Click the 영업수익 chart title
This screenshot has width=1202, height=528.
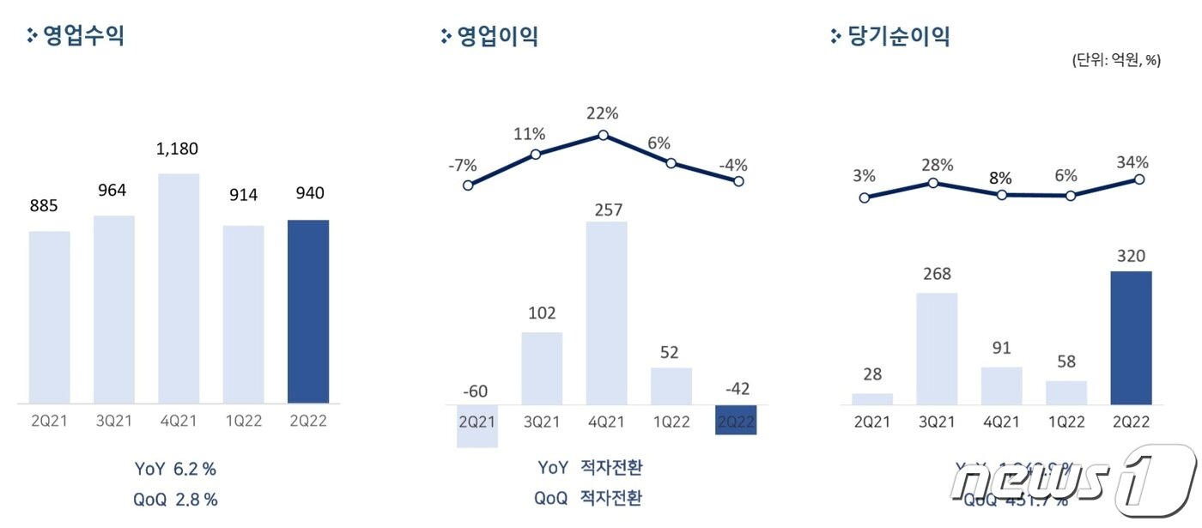83,36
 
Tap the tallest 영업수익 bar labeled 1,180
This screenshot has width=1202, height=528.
179,288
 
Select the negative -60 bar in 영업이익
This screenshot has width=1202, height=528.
477,426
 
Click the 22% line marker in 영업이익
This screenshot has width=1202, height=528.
604,135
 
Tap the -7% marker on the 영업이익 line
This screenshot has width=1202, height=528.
468,185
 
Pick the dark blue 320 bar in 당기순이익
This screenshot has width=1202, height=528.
1131,337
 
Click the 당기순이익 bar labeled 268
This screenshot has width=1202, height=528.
937,348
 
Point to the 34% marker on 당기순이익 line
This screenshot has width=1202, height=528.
1139,179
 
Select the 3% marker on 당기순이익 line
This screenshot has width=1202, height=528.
865,197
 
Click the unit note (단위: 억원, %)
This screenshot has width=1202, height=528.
1115,60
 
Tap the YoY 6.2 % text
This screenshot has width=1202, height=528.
176,469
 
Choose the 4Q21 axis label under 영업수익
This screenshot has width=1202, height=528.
179,422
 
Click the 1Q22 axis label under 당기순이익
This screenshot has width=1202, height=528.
1065,422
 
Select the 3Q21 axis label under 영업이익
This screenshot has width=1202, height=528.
542,422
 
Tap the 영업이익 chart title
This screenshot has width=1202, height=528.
497,36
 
